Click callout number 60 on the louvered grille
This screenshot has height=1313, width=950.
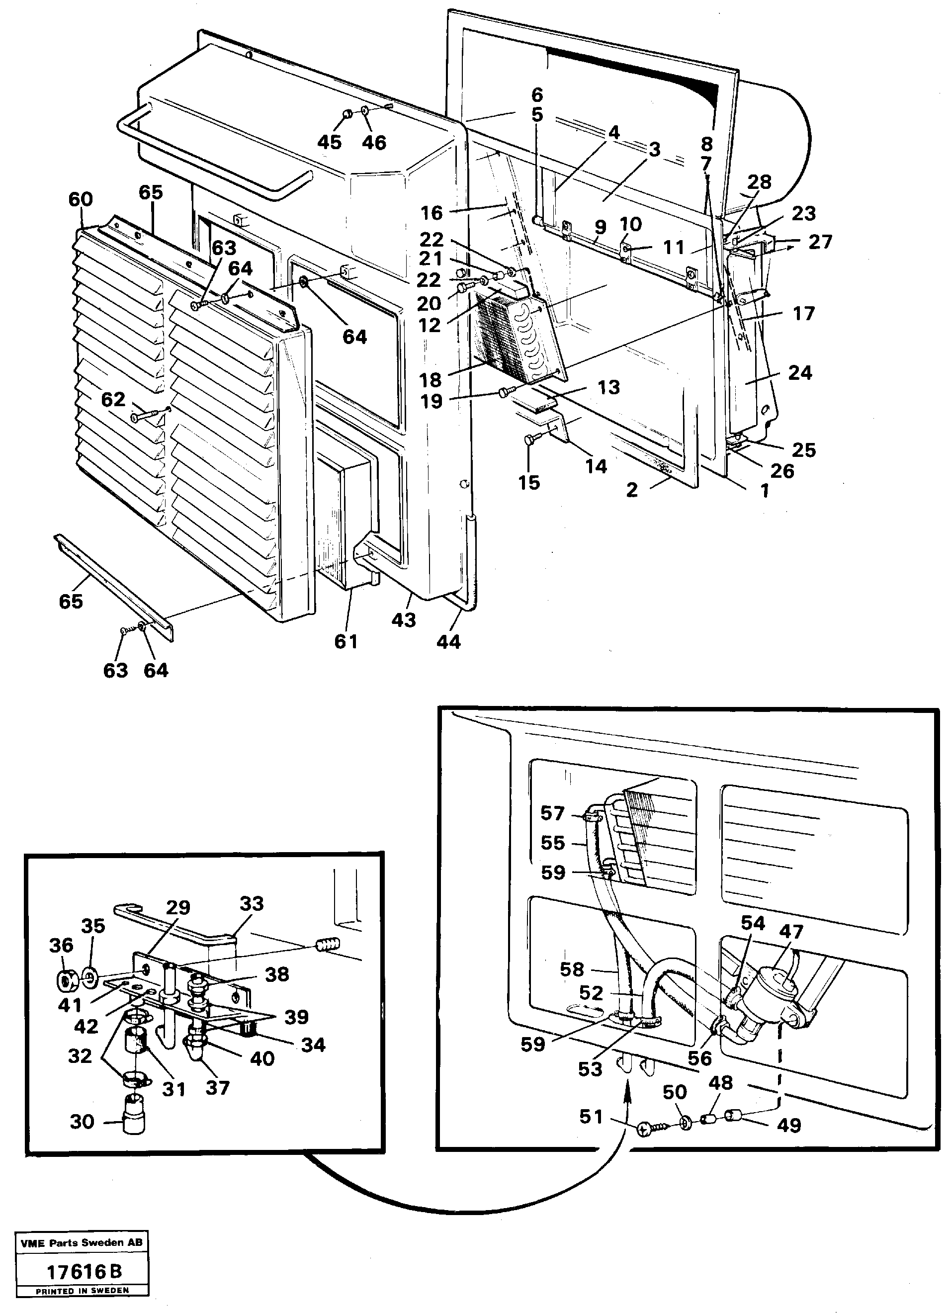[81, 199]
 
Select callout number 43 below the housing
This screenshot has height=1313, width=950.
[404, 620]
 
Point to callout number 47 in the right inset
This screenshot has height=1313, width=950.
[791, 932]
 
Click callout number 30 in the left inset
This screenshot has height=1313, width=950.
[82, 1122]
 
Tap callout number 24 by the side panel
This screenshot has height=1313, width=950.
[800, 372]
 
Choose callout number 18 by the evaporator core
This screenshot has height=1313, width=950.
[431, 380]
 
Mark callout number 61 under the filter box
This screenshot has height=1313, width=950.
[345, 641]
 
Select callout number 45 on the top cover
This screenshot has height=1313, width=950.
[330, 142]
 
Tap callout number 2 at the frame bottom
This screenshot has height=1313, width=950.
[632, 490]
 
